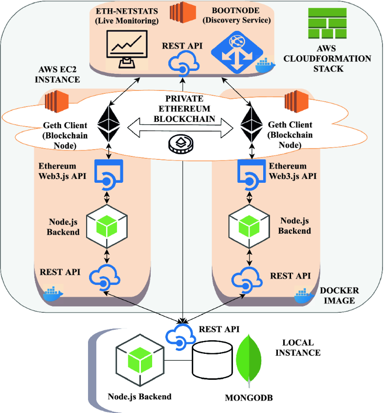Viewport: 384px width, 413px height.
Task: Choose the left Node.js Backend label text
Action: [63, 226]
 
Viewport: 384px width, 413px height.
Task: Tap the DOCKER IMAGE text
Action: [338, 295]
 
